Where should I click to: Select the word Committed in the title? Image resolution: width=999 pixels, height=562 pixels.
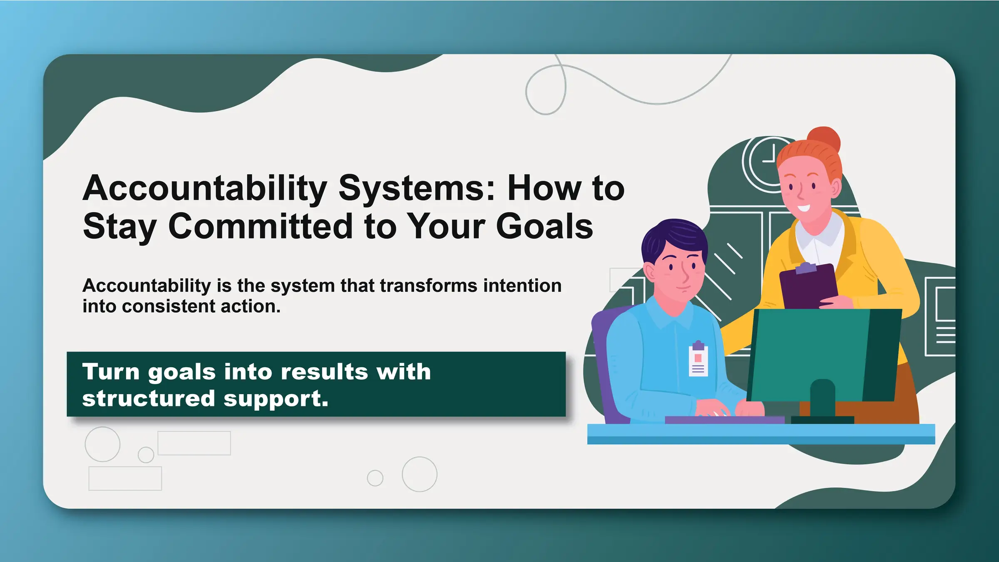[261, 226]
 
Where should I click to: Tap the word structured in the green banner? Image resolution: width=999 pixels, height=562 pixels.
[148, 398]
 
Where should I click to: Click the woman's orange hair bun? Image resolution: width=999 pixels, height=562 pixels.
[823, 139]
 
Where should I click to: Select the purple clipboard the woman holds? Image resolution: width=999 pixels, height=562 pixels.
[808, 287]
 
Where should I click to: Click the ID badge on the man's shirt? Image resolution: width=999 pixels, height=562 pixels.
[698, 360]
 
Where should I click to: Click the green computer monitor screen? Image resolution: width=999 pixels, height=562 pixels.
[808, 354]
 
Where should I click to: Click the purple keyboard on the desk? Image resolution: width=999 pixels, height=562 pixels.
[724, 420]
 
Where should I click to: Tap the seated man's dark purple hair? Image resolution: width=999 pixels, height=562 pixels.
[672, 237]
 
